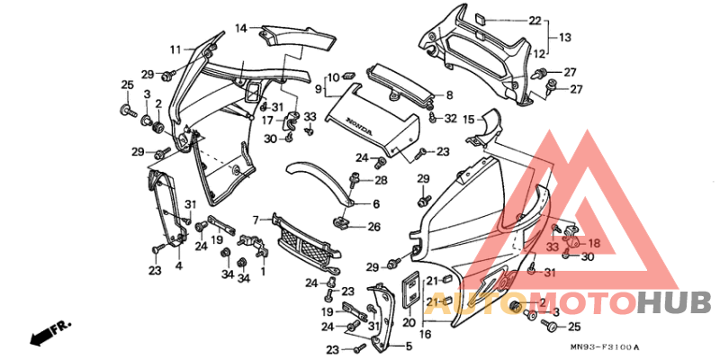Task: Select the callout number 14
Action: tap(241, 28)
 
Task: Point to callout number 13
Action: tap(565, 38)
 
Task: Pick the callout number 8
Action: tap(450, 94)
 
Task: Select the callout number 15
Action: tap(469, 119)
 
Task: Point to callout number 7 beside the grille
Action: tap(256, 219)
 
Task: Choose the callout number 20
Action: tap(409, 321)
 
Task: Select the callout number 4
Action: tap(179, 266)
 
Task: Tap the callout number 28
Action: tap(381, 181)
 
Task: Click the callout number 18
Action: tap(593, 243)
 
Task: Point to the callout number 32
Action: tap(451, 118)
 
